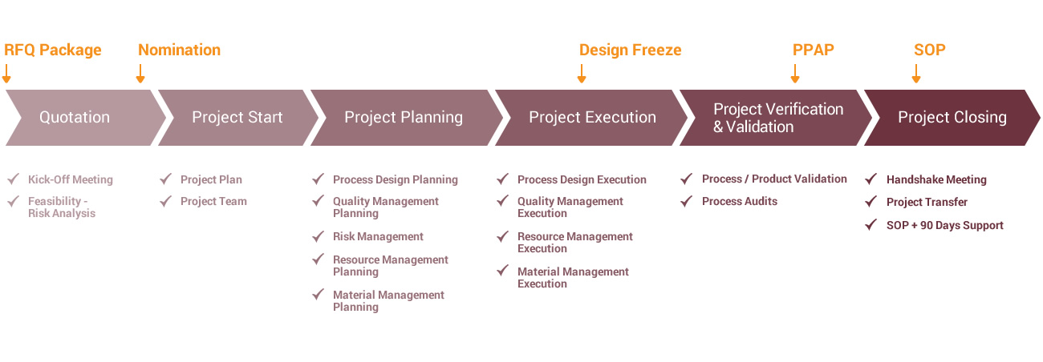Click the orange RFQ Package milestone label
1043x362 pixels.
click(x=53, y=50)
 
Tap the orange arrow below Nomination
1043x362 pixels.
click(x=140, y=74)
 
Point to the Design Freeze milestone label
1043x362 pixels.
click(x=630, y=50)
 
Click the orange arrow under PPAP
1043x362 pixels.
click(x=795, y=74)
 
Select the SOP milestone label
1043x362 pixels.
click(x=929, y=50)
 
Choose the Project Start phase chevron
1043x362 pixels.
click(x=238, y=118)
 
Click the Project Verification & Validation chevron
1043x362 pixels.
click(x=776, y=118)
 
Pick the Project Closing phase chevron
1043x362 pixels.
click(x=952, y=118)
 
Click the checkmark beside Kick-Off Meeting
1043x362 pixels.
click(x=13, y=179)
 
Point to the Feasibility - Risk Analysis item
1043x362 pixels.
click(x=62, y=207)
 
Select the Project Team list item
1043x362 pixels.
click(x=213, y=201)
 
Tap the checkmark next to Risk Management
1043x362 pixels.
click(x=318, y=236)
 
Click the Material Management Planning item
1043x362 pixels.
click(x=388, y=300)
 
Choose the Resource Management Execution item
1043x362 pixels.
click(x=575, y=242)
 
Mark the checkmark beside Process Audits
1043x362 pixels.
click(x=686, y=201)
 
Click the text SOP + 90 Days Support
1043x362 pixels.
click(x=945, y=225)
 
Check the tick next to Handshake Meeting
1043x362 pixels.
click(x=871, y=179)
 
